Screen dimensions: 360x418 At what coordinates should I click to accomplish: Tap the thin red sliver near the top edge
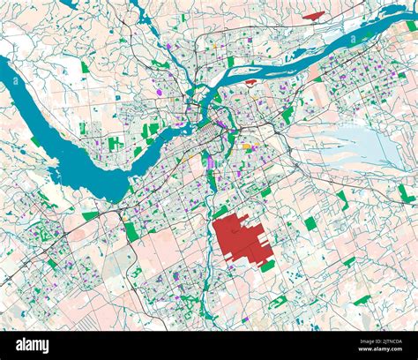[313, 15]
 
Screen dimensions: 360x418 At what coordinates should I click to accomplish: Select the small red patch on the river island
[250, 83]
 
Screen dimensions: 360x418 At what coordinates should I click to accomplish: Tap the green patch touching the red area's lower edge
[267, 265]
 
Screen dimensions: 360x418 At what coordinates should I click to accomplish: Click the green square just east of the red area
[310, 223]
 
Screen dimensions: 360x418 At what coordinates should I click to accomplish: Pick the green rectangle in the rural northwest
[85, 67]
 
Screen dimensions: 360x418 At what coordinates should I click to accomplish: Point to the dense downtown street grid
[212, 132]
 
